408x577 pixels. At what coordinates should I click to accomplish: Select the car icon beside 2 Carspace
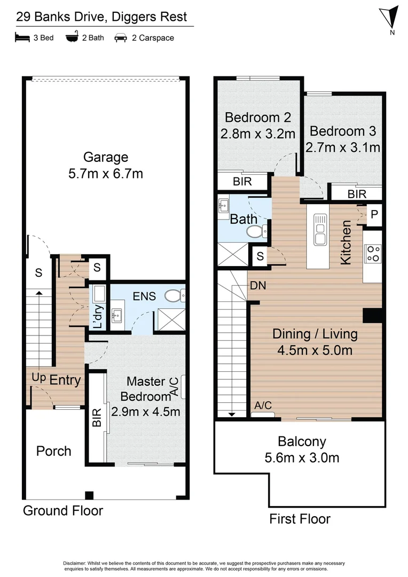[x=121, y=38]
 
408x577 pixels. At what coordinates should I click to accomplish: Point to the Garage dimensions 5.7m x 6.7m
[x=106, y=174]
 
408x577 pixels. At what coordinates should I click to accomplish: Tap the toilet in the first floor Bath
[x=256, y=231]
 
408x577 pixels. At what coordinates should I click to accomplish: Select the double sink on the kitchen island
[x=320, y=229]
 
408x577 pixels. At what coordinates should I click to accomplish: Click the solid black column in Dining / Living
[x=373, y=315]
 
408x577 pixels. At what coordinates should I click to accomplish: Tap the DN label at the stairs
[x=258, y=286]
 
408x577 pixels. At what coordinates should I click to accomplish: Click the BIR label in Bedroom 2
[x=242, y=181]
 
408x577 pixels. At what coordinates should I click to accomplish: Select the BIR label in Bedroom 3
[x=357, y=194]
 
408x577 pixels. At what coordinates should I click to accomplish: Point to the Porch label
[x=53, y=451]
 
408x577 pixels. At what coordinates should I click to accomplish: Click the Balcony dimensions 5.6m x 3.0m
[x=302, y=458]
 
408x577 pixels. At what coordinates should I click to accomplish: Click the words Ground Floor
[x=62, y=510]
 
